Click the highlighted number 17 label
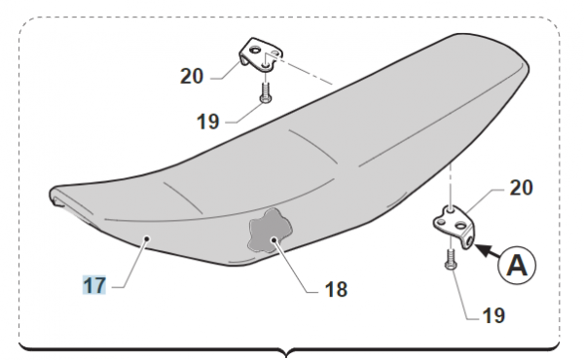pos(94,285)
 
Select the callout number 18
pos(337,289)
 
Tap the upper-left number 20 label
pos(192,76)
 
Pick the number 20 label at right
pos(521,187)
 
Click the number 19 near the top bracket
pos(208,122)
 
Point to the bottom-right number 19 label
pos(493,315)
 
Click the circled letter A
pos(518,265)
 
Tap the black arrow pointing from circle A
pos(488,251)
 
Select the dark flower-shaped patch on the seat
pos(270,231)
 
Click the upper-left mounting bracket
pos(262,54)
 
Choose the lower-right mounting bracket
pos(455,227)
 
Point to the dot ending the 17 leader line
pos(147,238)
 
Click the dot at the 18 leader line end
pos(274,239)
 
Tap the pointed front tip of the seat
pos(51,194)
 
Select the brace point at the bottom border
pos(286,353)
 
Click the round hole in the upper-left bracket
pos(255,50)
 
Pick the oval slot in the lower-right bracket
pos(460,226)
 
